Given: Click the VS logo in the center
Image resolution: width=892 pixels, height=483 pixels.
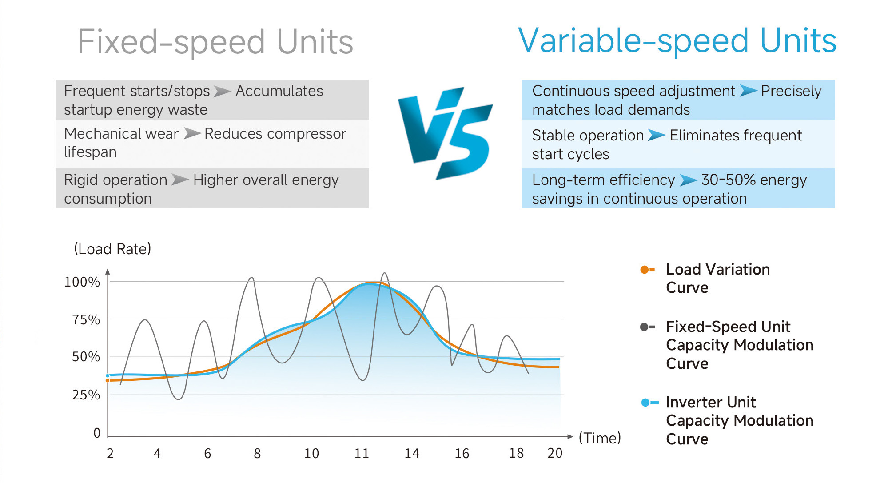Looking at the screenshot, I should (x=446, y=132).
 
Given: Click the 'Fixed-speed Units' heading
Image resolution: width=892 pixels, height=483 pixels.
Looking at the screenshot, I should (x=215, y=42).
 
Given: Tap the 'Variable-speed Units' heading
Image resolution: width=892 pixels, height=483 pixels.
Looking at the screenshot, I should (x=677, y=41).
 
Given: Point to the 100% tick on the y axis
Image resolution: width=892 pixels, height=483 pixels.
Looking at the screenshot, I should (x=82, y=282).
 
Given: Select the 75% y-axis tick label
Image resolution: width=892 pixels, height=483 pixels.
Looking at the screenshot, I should (x=86, y=320).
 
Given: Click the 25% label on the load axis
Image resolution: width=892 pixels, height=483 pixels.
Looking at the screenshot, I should (x=86, y=395).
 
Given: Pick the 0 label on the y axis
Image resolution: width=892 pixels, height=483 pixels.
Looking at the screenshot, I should (x=97, y=433).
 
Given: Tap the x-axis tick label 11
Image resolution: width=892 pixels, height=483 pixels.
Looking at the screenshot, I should (x=362, y=454).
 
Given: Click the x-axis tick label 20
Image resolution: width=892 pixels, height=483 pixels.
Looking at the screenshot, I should (x=555, y=453).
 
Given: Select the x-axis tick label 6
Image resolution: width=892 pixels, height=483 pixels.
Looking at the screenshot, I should (x=207, y=454).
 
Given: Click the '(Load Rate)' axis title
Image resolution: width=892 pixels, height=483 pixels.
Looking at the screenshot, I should (x=112, y=249).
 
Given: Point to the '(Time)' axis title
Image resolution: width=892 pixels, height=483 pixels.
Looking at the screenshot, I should (x=599, y=438).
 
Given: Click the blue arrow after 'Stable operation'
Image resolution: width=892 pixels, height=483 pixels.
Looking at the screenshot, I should (x=656, y=135).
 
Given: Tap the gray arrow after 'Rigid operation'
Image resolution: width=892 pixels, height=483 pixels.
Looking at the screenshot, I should (x=180, y=180).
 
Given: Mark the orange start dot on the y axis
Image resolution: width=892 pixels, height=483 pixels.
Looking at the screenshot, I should (x=108, y=381).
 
